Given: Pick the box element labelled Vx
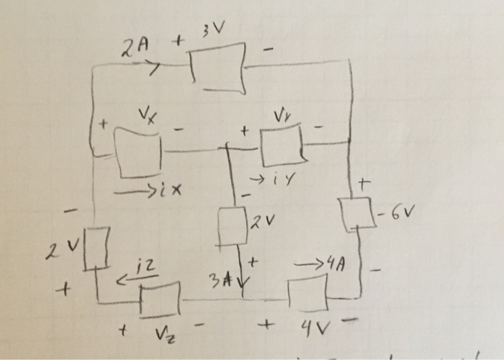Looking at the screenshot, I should tap(140, 152).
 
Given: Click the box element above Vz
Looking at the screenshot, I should tap(160, 299).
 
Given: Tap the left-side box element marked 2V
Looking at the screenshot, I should tap(98, 248).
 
